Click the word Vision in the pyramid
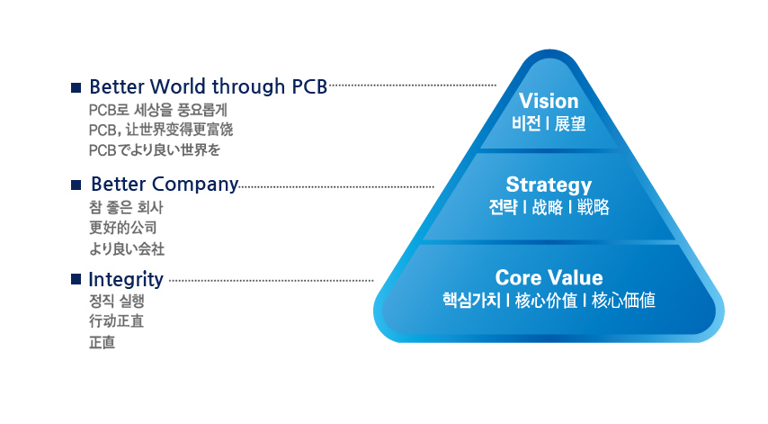point(549,101)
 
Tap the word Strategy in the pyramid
point(549,185)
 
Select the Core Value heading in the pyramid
point(549,277)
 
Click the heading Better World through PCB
point(208,86)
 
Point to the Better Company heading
point(165,185)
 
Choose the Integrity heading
point(126,279)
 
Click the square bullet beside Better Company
point(76,185)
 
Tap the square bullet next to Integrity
point(76,279)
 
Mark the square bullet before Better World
point(76,87)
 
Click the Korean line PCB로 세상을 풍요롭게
point(157,110)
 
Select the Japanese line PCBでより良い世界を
point(155,150)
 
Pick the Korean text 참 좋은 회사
point(126,207)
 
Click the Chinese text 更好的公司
point(123,228)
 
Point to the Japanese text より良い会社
point(127,249)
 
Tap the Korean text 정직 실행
point(117,301)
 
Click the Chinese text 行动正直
point(116,321)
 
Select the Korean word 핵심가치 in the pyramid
point(471,300)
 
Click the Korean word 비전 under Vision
point(526,123)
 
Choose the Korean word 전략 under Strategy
point(503,207)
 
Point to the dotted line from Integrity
point(272,281)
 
